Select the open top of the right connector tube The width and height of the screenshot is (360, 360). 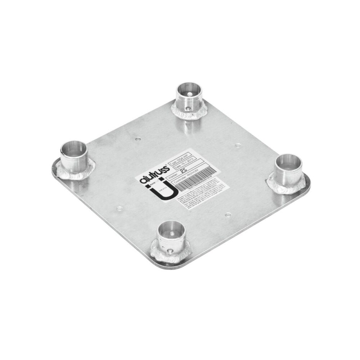click(288, 161)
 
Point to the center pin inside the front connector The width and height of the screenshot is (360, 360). click(172, 233)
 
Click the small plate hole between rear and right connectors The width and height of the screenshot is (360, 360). click(237, 146)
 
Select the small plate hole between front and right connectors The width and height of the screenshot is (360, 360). click(228, 215)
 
